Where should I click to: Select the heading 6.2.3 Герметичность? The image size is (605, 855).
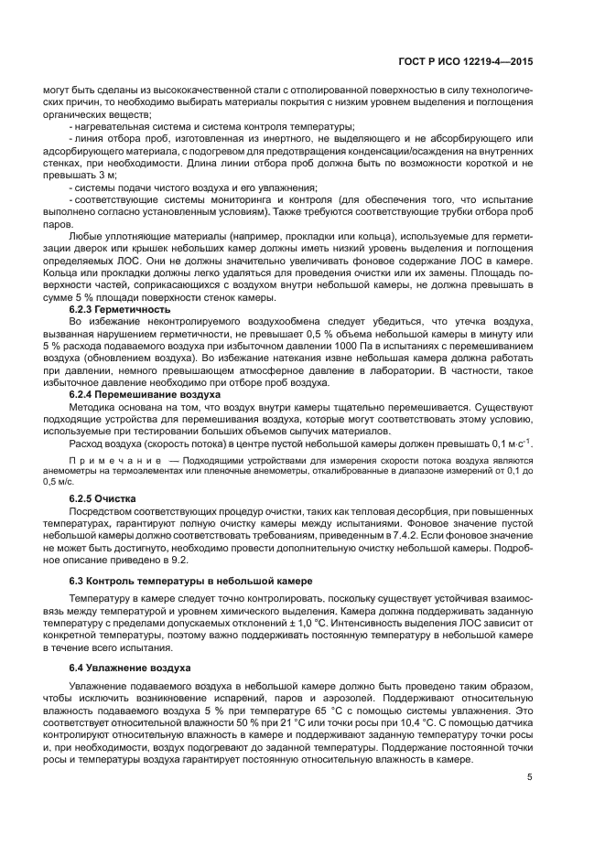120,310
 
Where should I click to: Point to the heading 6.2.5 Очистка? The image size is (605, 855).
103,498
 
